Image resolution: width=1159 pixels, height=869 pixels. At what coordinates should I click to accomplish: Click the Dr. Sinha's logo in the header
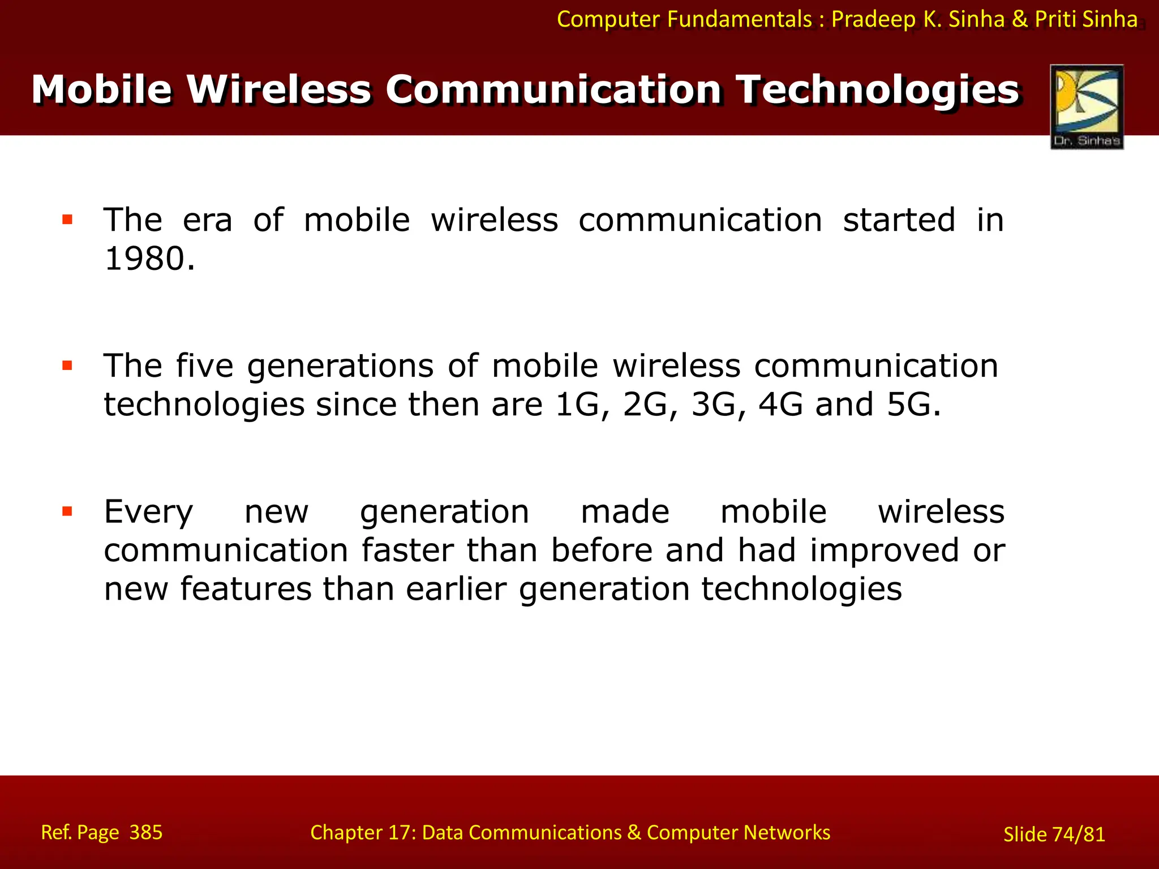coord(1087,106)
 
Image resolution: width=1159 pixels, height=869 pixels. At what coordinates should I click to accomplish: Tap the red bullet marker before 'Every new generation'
coord(68,512)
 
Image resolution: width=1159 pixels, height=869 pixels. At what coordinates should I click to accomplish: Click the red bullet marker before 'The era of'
coord(68,220)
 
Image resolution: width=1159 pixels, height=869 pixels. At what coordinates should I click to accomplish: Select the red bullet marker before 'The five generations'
coord(68,366)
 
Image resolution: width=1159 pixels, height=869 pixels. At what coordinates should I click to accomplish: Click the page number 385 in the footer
coord(146,832)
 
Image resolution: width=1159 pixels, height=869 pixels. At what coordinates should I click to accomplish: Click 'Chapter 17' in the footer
coord(363,832)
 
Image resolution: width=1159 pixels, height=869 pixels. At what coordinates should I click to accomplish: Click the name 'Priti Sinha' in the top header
coord(1086,19)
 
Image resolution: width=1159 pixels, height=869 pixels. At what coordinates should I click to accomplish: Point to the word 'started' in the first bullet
coord(899,220)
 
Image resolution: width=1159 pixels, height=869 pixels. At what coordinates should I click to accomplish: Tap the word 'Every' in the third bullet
coord(149,512)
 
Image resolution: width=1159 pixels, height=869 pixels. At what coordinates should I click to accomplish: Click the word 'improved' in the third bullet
coord(884,550)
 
